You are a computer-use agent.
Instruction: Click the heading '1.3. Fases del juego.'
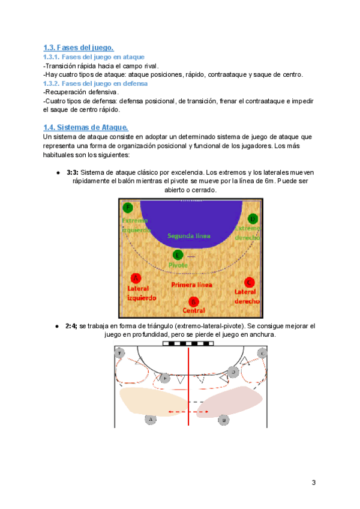coord(79,48)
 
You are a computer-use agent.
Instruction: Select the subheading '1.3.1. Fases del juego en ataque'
coord(94,57)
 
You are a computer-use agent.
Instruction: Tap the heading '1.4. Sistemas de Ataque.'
coord(86,127)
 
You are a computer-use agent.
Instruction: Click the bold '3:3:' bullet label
coord(72,172)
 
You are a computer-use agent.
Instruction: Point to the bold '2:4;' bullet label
coord(72,326)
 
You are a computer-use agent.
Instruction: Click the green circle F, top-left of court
coord(127,208)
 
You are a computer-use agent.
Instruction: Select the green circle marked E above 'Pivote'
coord(178,254)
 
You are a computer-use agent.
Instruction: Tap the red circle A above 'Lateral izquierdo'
coord(136,278)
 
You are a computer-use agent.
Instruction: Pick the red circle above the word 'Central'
coord(193,301)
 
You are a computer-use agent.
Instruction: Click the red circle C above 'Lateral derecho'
coord(250,282)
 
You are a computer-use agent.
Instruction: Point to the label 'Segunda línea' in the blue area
coord(189,236)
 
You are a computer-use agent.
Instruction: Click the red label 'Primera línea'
coord(191,285)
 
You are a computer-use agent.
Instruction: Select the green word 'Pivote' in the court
coord(178,265)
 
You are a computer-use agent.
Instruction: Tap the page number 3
coord(313,483)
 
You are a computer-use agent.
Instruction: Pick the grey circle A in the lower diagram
coord(151,419)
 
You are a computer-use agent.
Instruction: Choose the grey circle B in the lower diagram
coord(223,420)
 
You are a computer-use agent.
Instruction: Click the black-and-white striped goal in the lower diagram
coord(188,344)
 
